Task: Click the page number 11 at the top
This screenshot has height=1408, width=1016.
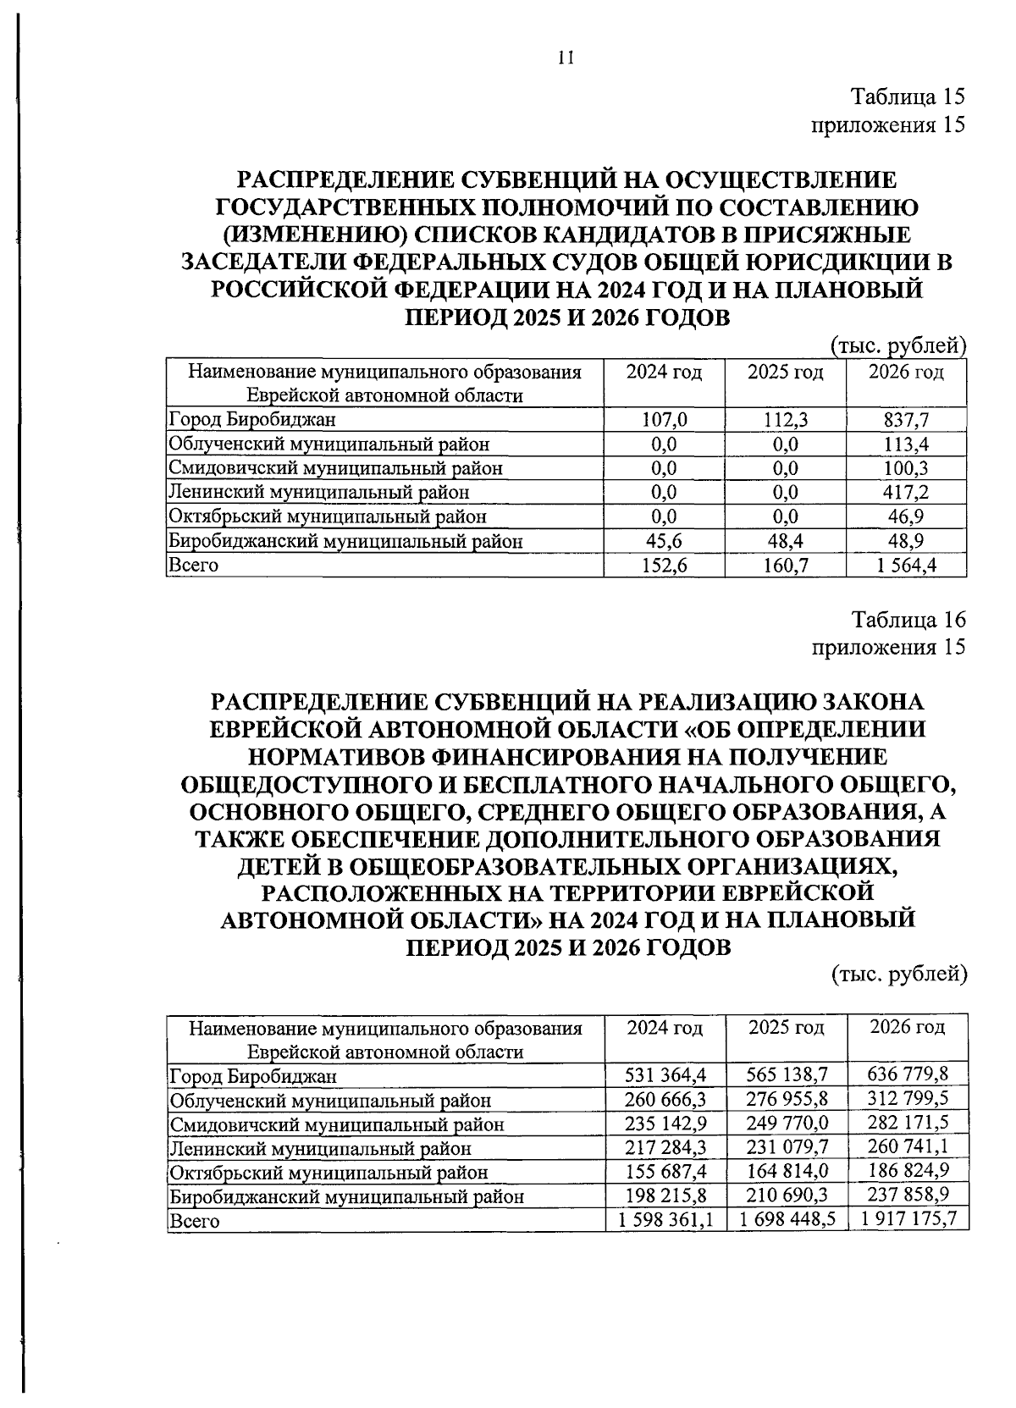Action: (566, 58)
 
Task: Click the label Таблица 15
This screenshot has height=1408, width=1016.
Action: (908, 97)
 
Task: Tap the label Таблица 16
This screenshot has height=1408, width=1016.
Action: (908, 619)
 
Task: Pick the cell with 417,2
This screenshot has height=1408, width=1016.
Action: (906, 492)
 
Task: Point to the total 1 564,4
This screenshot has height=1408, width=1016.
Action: (906, 565)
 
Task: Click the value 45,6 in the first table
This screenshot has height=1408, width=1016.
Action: (664, 540)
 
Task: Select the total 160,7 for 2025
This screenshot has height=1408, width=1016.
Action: (785, 565)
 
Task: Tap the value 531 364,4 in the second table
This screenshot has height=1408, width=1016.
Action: (665, 1076)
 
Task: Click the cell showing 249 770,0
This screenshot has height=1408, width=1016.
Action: (787, 1124)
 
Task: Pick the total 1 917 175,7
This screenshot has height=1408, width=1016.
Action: (908, 1220)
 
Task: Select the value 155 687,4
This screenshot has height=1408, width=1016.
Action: (665, 1172)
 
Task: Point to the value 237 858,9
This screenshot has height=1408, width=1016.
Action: (908, 1195)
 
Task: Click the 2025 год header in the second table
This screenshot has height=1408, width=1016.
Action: (787, 1028)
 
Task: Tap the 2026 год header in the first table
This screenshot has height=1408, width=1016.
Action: (906, 373)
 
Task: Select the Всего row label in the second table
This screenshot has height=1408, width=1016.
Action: (195, 1221)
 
